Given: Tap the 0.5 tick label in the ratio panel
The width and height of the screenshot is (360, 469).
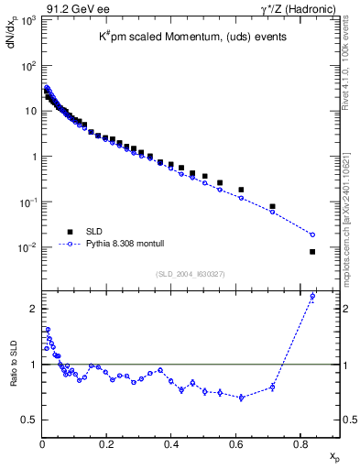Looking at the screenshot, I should (29, 420).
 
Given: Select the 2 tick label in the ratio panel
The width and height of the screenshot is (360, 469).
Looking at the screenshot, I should (33, 309).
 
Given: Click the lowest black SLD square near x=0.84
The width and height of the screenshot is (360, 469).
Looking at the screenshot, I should (312, 252).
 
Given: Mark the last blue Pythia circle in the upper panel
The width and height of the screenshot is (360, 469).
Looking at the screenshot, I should (312, 234).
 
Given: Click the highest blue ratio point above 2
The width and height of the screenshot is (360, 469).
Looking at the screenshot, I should (312, 296).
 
